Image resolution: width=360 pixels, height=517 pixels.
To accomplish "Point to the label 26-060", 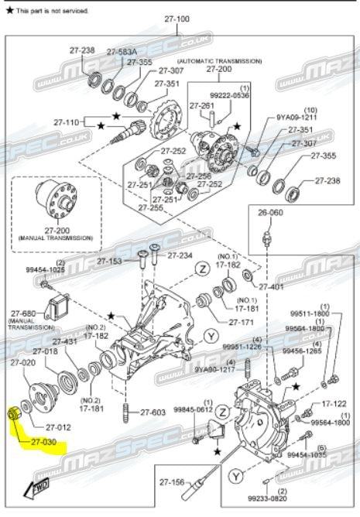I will tap(271, 212).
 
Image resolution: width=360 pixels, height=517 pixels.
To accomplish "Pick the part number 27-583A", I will tap(122, 52).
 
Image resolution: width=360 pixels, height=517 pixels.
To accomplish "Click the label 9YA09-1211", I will tap(297, 117).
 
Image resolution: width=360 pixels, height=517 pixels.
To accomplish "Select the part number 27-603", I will tap(153, 412).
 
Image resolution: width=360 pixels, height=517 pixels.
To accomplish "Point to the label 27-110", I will tap(67, 122).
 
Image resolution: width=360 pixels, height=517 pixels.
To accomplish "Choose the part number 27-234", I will tap(180, 255).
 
